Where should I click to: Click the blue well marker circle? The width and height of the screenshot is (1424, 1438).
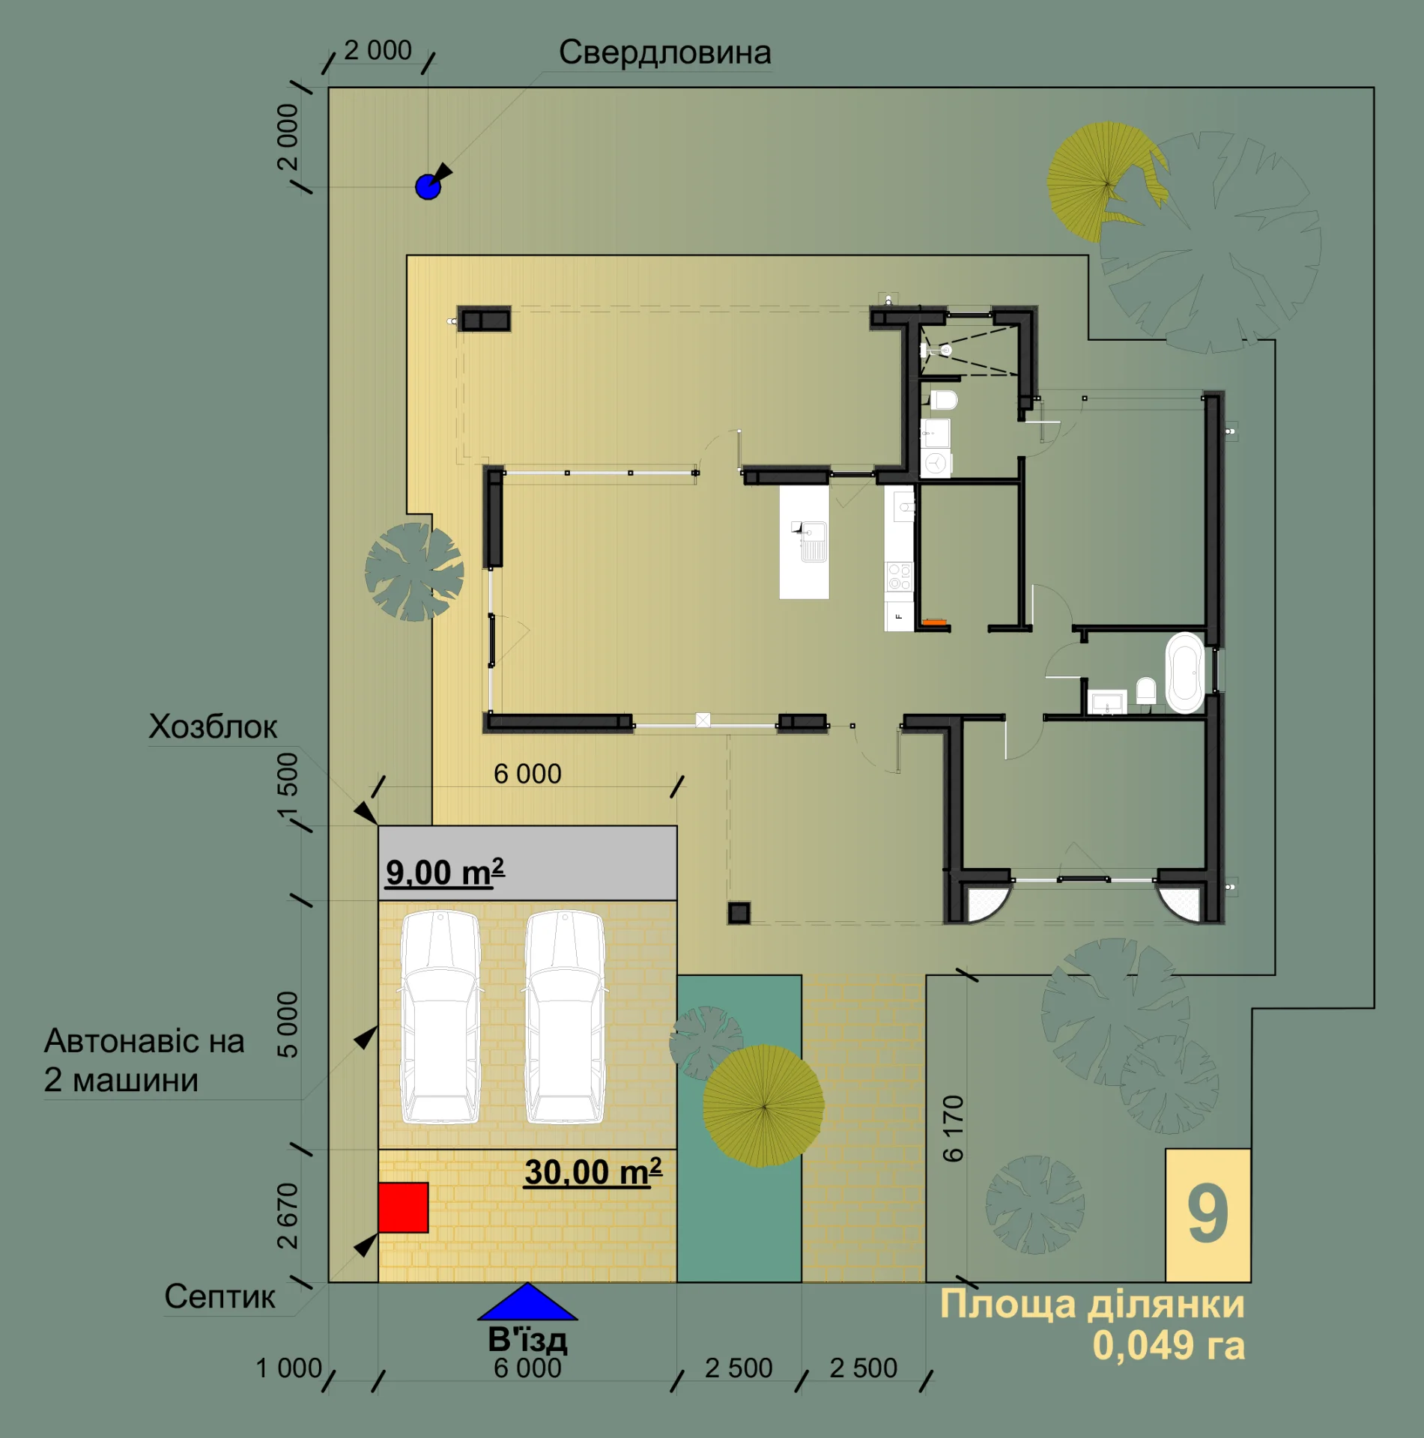coord(428,186)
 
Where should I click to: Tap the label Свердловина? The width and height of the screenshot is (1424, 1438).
coord(664,52)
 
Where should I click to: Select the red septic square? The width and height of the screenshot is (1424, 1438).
coord(403,1207)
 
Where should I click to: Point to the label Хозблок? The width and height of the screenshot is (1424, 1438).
coord(213,726)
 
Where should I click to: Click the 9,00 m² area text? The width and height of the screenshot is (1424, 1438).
coord(445,872)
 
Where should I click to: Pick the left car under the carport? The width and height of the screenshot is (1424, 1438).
coord(440,1017)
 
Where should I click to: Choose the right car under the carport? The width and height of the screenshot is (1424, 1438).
coord(565,1017)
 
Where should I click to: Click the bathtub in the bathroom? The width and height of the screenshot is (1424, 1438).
coord(1184,673)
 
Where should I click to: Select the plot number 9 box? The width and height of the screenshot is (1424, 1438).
coord(1208,1215)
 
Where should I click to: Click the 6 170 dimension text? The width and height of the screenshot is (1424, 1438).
coord(953,1129)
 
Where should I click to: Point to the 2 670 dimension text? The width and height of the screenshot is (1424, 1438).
coord(288,1216)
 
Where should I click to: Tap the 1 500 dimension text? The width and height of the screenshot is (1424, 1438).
coord(288,786)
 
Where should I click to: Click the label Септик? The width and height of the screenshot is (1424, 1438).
coord(219,1296)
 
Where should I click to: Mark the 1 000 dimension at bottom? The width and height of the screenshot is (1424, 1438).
coord(288,1368)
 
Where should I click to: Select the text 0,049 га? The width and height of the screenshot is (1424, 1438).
coord(1169,1345)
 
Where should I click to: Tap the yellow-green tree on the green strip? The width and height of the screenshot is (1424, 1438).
coord(763,1105)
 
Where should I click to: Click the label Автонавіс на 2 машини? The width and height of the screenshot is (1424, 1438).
coord(144,1061)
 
